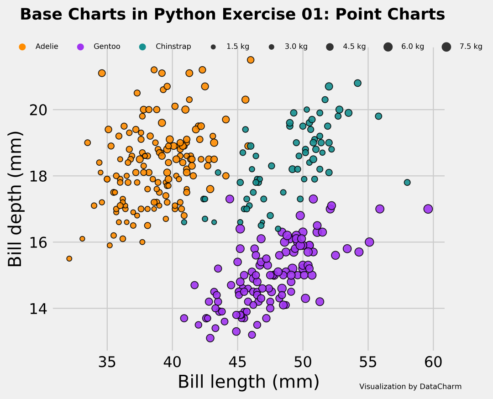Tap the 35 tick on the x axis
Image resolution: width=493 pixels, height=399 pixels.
[107, 362]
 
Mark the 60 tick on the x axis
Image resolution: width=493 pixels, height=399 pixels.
[433, 362]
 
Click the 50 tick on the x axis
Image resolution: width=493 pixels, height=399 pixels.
[303, 362]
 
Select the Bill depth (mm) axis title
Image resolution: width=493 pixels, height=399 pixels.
[16, 199]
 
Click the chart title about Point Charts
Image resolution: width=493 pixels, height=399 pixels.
[232, 15]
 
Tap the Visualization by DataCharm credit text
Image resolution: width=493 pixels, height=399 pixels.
[410, 387]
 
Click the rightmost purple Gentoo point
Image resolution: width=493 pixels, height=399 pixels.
[428, 209]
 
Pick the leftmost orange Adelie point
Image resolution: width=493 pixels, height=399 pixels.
[69, 258]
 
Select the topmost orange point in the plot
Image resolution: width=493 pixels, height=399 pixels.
[251, 60]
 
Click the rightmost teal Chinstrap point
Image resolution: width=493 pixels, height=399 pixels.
[407, 183]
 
